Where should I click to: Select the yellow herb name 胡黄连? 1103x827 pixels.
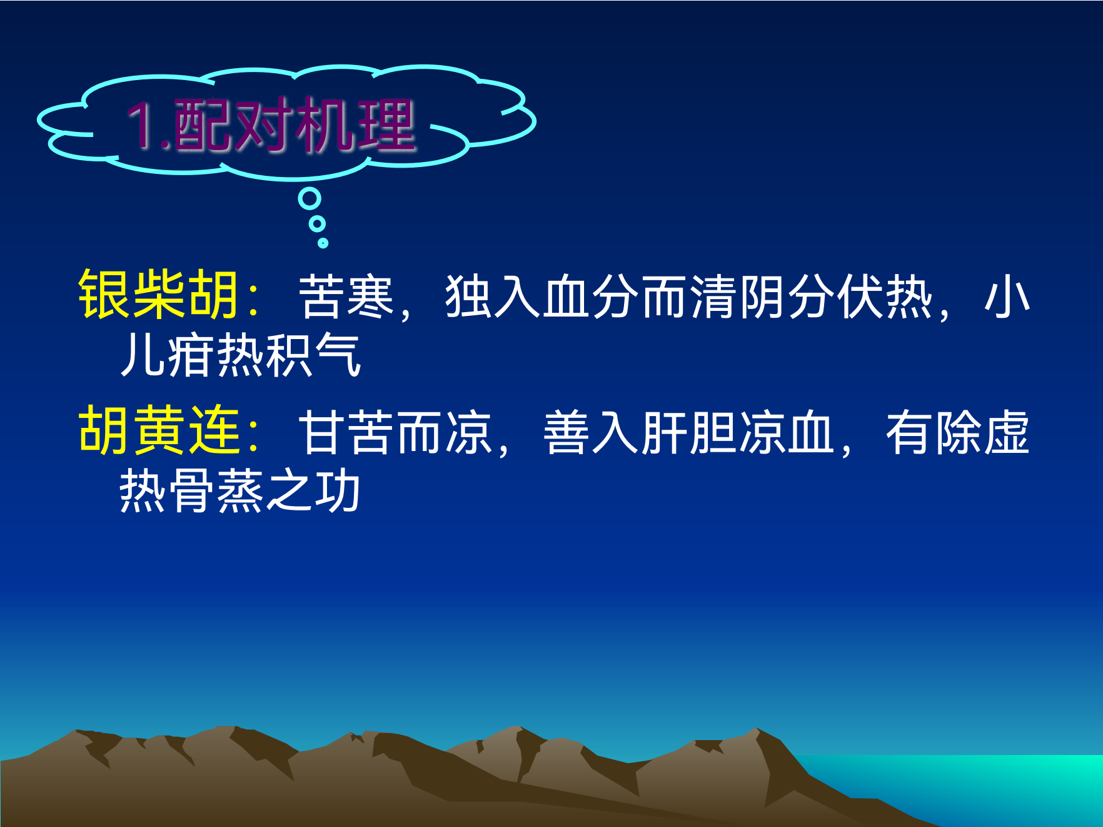click(159, 430)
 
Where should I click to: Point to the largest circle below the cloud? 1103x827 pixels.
click(310, 199)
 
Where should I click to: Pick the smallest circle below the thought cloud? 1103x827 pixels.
click(323, 243)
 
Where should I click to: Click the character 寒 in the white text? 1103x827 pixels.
click(370, 296)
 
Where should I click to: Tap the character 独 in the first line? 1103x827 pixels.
click(468, 296)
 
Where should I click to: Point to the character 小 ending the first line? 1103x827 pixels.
click(1007, 296)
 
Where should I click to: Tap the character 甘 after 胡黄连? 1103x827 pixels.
click(321, 432)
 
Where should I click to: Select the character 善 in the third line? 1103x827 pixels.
click(567, 432)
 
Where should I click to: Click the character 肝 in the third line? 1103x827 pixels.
click(665, 432)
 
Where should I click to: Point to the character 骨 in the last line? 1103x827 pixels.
click(191, 491)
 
